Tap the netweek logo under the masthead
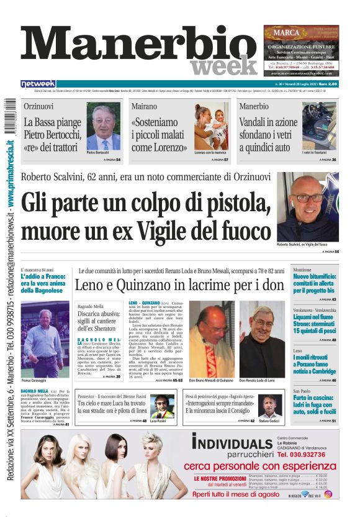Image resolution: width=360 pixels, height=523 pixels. pyautogui.click(x=38, y=84)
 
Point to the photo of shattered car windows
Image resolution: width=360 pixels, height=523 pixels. pyautogui.click(x=319, y=124)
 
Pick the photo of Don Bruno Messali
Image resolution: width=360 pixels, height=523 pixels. pyautogui.click(x=211, y=330)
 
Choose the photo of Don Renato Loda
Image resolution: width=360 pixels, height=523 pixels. pyautogui.click(x=262, y=330)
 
